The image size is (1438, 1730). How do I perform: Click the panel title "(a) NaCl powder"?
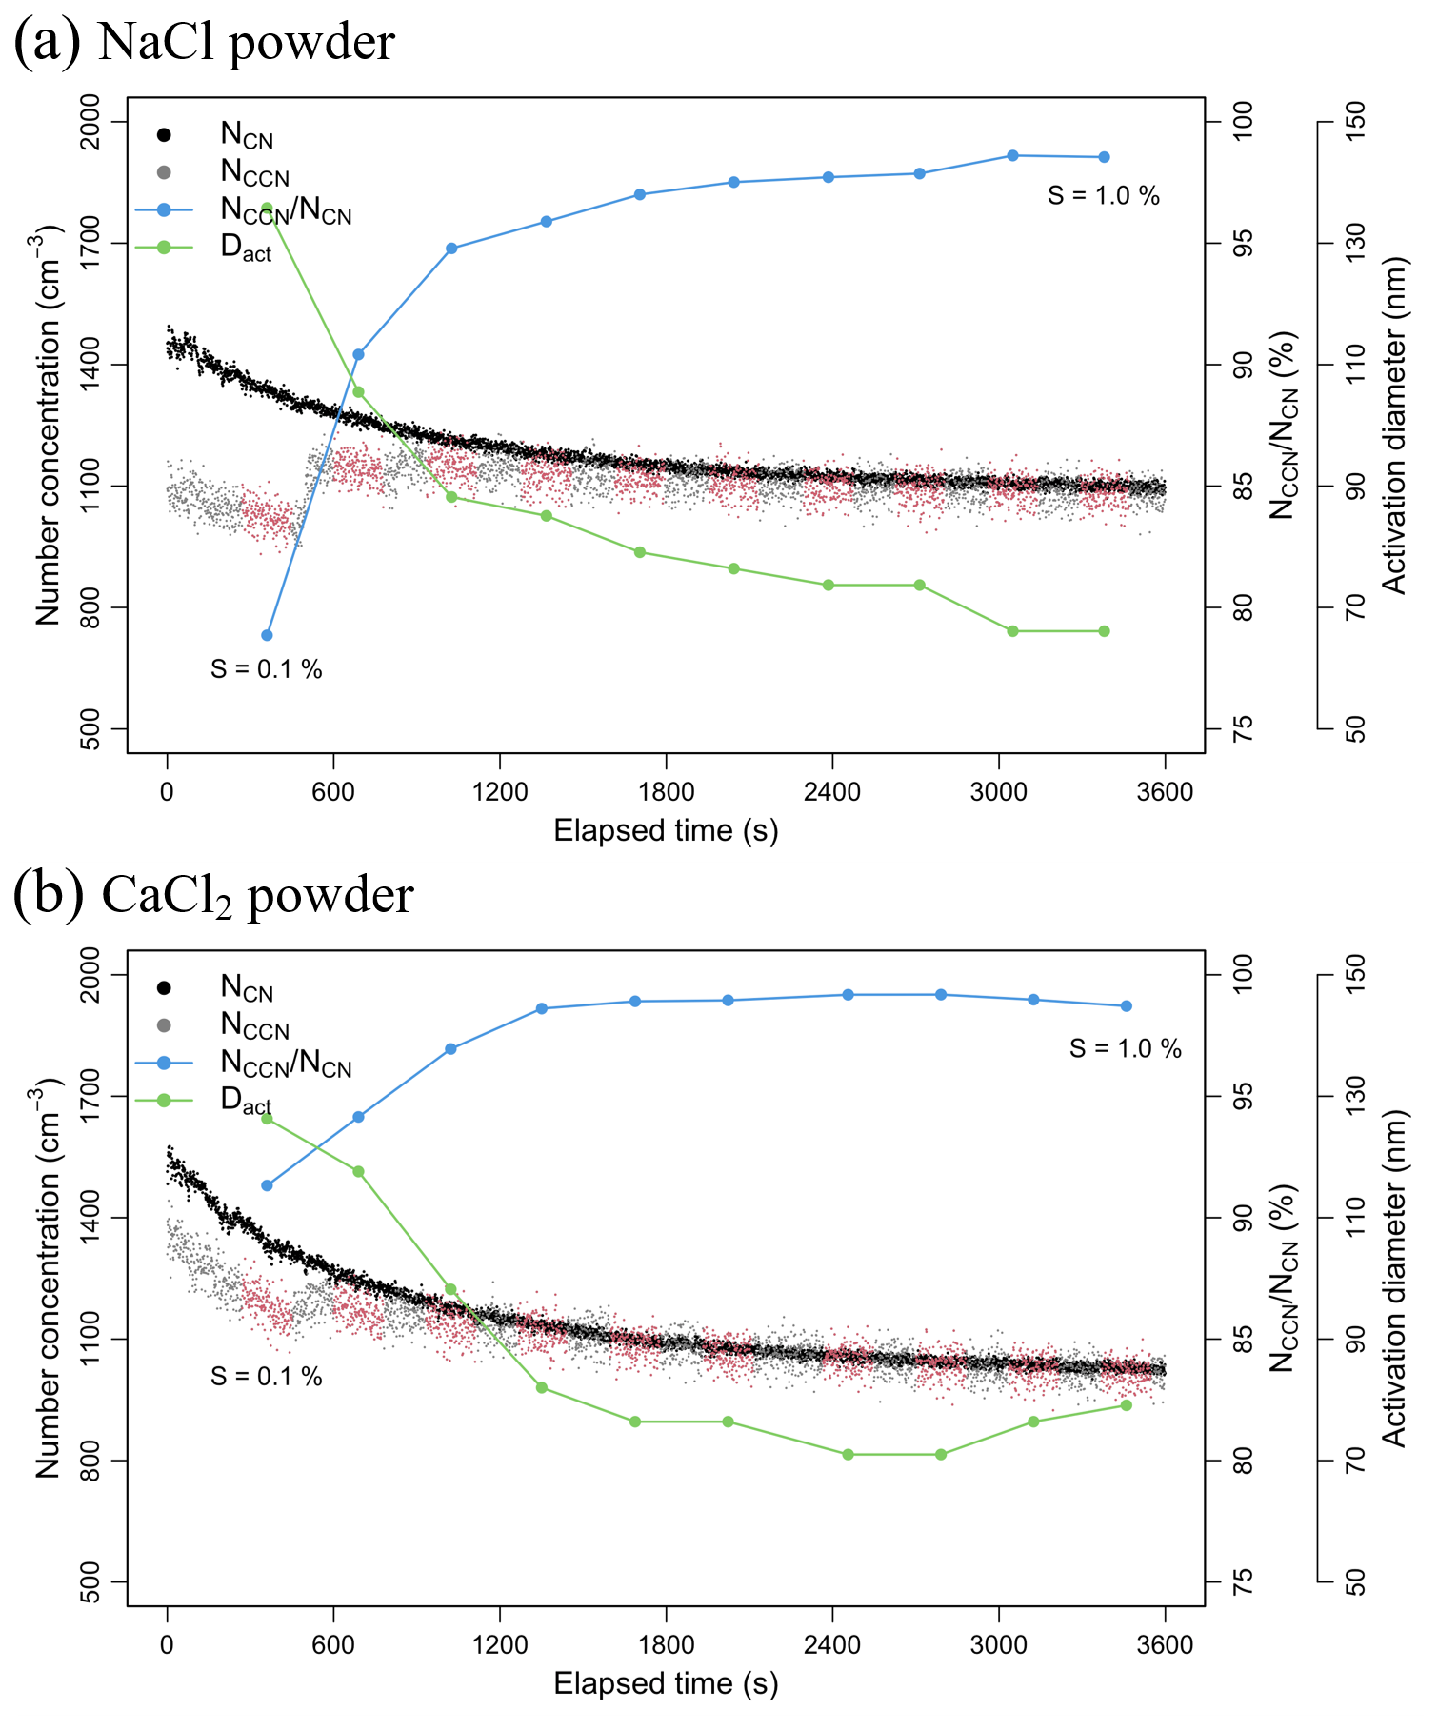(x=204, y=42)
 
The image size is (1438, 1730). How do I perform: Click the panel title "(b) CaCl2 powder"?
(x=213, y=895)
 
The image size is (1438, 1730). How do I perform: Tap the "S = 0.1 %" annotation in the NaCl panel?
(x=267, y=669)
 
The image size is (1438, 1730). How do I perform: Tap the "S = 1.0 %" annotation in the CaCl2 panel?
(x=1125, y=1048)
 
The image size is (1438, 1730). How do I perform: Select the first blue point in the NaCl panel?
(x=267, y=635)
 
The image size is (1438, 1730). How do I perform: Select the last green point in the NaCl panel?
(x=1104, y=631)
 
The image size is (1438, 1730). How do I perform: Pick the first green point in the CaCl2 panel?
(x=267, y=1118)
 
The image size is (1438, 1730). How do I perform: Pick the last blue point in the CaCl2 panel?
(x=1126, y=1005)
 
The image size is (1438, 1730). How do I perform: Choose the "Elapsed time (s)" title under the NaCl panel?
(x=666, y=830)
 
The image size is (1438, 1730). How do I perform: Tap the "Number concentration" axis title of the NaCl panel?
(x=48, y=425)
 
